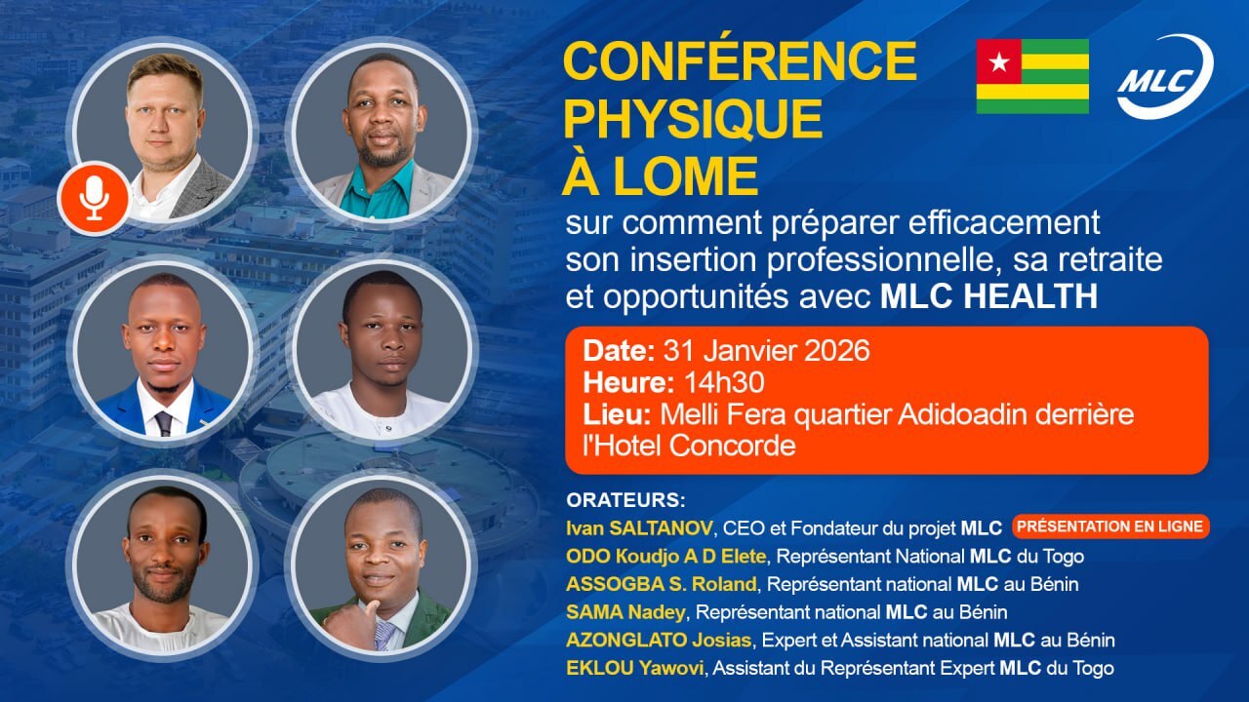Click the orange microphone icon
click(95, 198)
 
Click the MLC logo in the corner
click(1165, 77)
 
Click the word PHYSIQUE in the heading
click(693, 119)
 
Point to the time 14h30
click(724, 383)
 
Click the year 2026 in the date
click(837, 351)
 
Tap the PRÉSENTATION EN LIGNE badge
click(1110, 526)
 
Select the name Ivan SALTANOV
click(639, 527)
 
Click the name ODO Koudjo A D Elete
click(665, 556)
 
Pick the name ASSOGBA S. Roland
click(662, 584)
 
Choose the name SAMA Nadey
click(625, 611)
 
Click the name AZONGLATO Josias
click(659, 640)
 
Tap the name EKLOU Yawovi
click(635, 668)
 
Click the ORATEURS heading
click(625, 500)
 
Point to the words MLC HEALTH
click(989, 295)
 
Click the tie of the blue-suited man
click(163, 423)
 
